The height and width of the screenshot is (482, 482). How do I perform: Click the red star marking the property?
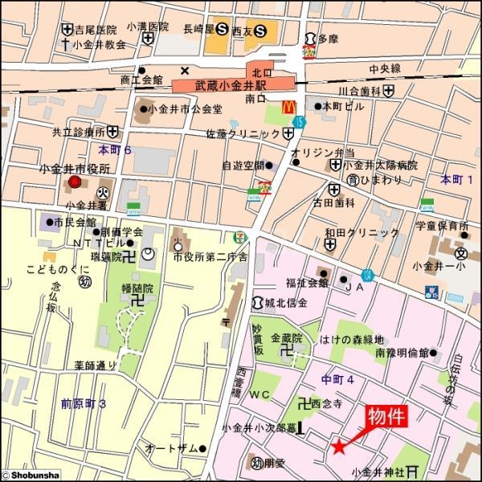point(339,446)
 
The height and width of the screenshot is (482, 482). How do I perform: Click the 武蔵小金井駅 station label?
point(235,84)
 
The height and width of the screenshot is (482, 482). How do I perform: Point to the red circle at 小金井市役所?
point(75,183)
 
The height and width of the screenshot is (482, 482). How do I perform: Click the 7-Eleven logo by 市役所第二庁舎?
point(233,239)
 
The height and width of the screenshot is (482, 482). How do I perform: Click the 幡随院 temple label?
point(137,287)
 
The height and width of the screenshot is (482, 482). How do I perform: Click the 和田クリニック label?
point(361,233)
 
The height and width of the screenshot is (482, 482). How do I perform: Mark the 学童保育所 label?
point(442,226)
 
